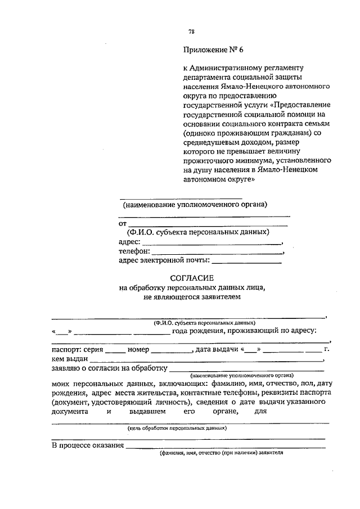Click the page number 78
tap(191, 31)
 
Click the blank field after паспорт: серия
tap(115, 352)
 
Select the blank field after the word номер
tap(172, 352)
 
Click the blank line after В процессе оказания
tap(226, 448)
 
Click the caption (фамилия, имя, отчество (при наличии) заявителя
tap(220, 452)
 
